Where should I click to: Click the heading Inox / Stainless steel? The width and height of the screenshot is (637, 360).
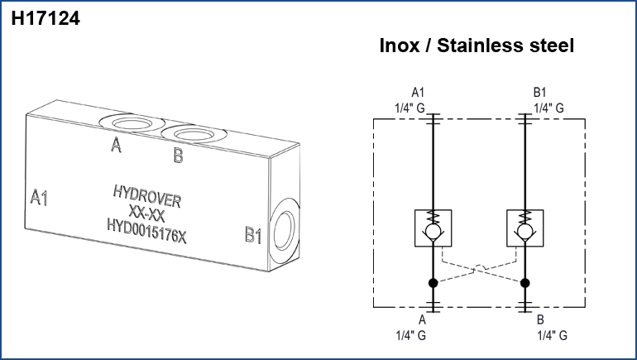pyautogui.click(x=476, y=46)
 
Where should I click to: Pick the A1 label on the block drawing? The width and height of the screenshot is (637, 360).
pyautogui.click(x=40, y=198)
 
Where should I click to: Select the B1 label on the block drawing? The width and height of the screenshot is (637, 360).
pyautogui.click(x=253, y=236)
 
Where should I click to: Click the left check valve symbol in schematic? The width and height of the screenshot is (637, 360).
pyautogui.click(x=432, y=228)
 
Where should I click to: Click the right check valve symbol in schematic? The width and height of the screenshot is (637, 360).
pyautogui.click(x=524, y=228)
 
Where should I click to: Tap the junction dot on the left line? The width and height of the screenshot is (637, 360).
pyautogui.click(x=432, y=283)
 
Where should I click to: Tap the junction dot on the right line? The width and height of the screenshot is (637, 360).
pyautogui.click(x=524, y=283)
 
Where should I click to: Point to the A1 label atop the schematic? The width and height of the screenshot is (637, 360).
pyautogui.click(x=419, y=93)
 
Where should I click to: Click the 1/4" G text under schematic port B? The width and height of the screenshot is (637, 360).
pyautogui.click(x=552, y=335)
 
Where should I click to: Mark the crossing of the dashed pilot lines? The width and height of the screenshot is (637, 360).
pyautogui.click(x=477, y=268)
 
